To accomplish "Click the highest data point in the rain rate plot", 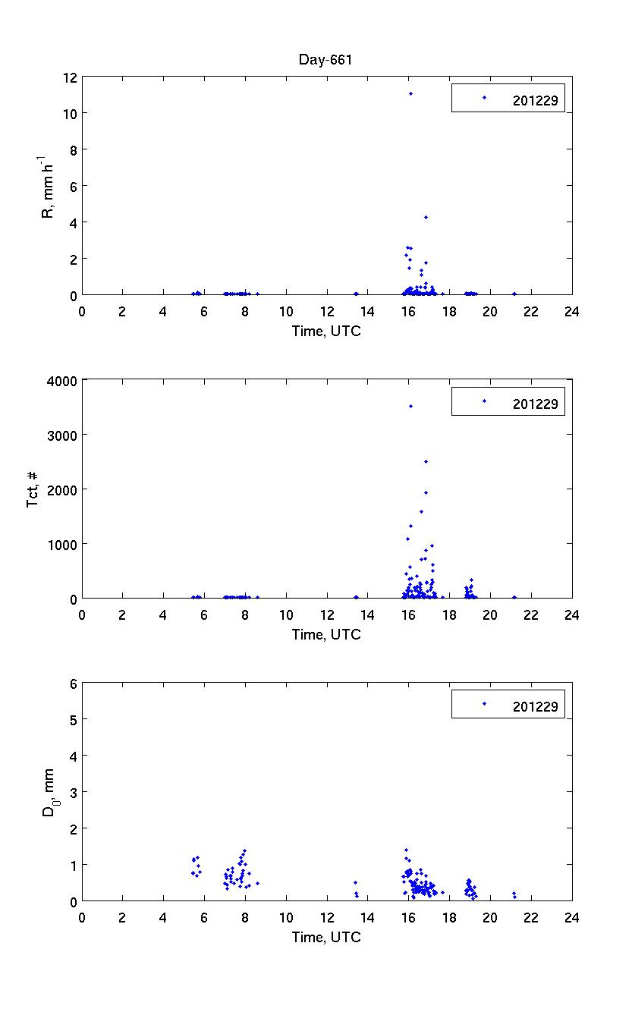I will pyautogui.click(x=410, y=94).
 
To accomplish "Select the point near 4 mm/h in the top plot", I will pyautogui.click(x=426, y=218).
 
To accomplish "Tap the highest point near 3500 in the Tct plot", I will pyautogui.click(x=410, y=407).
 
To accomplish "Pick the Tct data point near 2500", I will pyautogui.click(x=426, y=461).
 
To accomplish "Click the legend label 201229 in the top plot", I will pyautogui.click(x=535, y=99).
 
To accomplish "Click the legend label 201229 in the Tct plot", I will pyautogui.click(x=535, y=404).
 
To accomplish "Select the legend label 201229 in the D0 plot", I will pyautogui.click(x=535, y=706).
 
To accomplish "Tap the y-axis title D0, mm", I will pyautogui.click(x=48, y=792).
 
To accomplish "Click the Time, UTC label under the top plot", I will pyautogui.click(x=326, y=331).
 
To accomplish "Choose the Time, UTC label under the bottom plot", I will pyautogui.click(x=326, y=937).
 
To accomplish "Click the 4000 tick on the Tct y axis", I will pyautogui.click(x=61, y=380).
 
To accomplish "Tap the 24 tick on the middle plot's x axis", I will pyautogui.click(x=571, y=614).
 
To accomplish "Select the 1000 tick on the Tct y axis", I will pyautogui.click(x=61, y=544).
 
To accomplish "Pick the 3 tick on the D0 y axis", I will pyautogui.click(x=74, y=792).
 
